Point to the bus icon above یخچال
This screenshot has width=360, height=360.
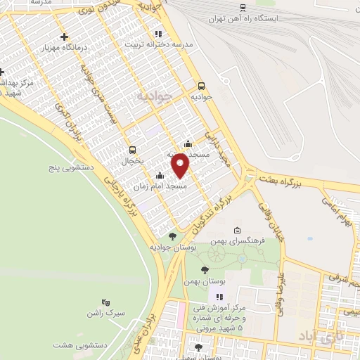[132, 150]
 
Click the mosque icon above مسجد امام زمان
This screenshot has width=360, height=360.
[160, 176]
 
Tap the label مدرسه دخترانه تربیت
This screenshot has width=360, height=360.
[163, 44]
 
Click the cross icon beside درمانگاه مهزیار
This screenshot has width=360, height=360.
[65, 37]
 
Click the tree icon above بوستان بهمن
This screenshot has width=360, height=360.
[205, 269]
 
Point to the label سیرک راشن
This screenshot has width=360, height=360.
[105, 312]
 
